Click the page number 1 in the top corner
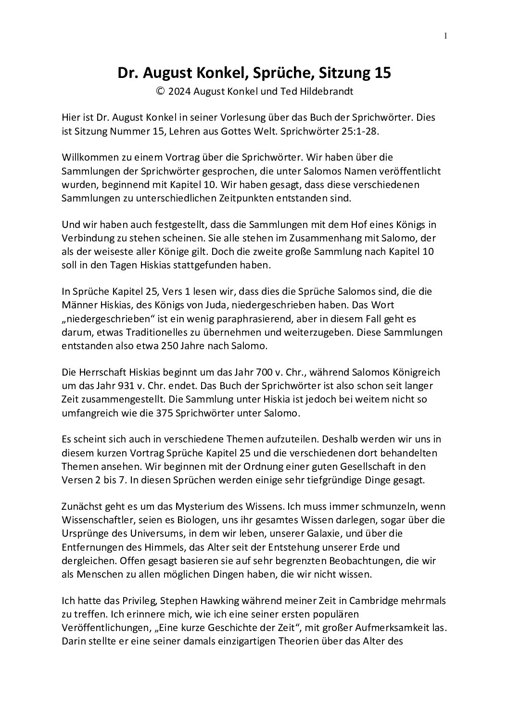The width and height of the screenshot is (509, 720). click(x=445, y=35)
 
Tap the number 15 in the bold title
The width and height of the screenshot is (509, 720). click(x=381, y=73)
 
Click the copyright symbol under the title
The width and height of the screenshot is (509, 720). click(x=161, y=91)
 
